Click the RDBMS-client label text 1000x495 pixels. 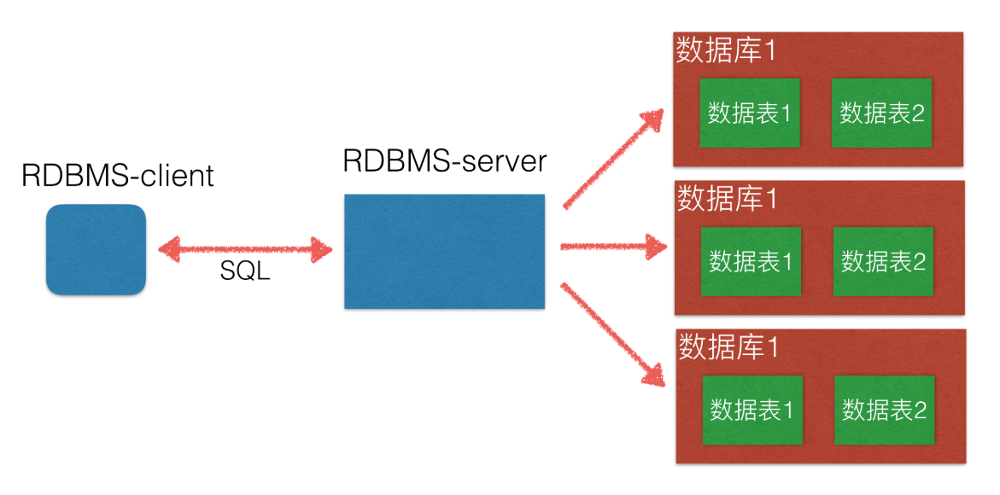click(117, 176)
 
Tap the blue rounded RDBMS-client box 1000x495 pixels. click(96, 250)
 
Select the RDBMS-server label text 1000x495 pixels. click(444, 160)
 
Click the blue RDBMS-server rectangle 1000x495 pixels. click(444, 251)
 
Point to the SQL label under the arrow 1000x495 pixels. click(245, 271)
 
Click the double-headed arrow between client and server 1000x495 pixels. click(246, 250)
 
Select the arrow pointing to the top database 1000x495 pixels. click(612, 160)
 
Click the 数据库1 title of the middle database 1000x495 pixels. click(727, 199)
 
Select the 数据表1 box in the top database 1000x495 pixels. click(750, 113)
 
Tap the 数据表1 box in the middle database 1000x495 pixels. click(751, 261)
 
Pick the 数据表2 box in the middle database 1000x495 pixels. click(883, 261)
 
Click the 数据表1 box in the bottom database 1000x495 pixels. click(751, 410)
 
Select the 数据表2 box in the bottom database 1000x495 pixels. click(884, 410)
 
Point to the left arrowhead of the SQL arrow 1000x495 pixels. click(168, 250)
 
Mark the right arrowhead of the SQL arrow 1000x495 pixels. click(322, 250)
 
